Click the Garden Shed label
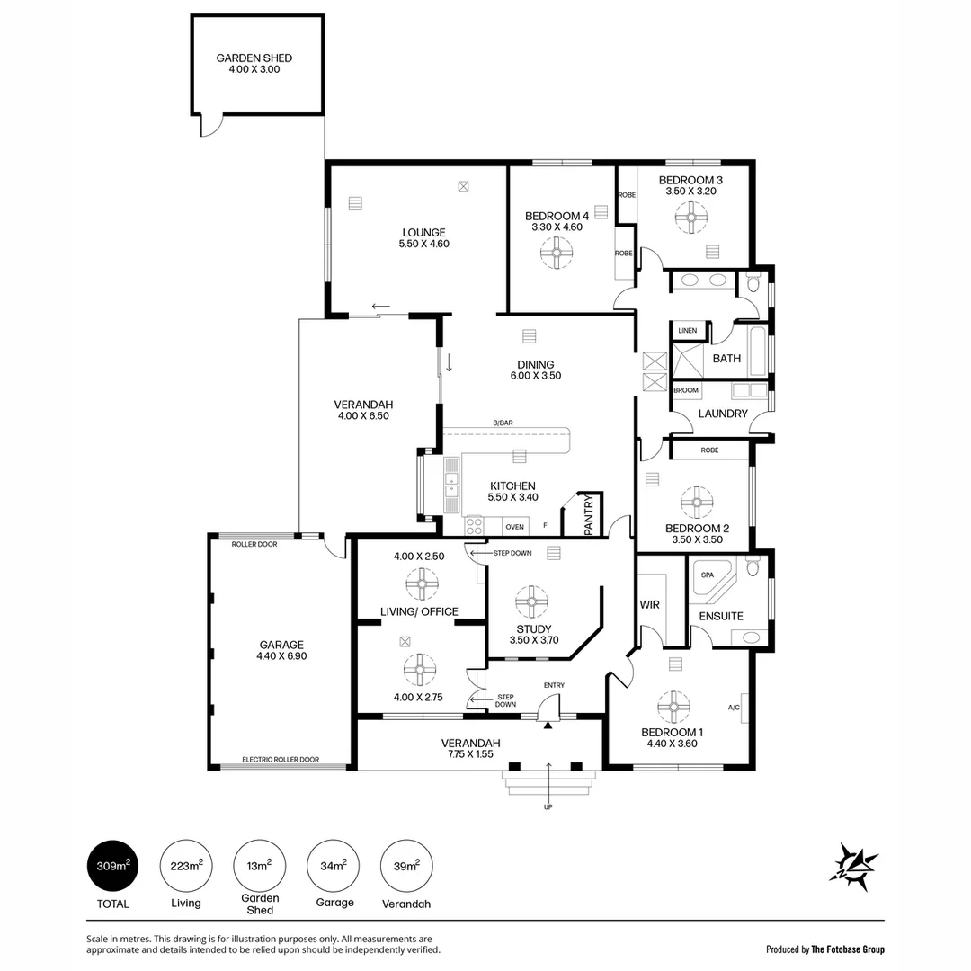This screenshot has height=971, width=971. [254, 58]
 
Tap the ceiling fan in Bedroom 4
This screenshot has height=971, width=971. [557, 254]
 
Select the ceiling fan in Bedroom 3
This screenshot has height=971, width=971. [692, 217]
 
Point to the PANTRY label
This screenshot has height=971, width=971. [589, 516]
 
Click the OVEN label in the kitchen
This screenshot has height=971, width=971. [514, 527]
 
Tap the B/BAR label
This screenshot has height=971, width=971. [503, 423]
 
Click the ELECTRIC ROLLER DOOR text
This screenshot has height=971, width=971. [281, 760]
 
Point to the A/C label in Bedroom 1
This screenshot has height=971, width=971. [734, 708]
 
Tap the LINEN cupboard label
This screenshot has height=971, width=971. [688, 331]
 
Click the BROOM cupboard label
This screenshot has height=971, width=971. [686, 390]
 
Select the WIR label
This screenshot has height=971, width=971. [649, 605]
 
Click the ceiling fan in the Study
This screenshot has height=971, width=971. [531, 601]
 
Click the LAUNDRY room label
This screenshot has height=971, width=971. [723, 414]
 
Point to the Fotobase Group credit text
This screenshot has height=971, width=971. [824, 949]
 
